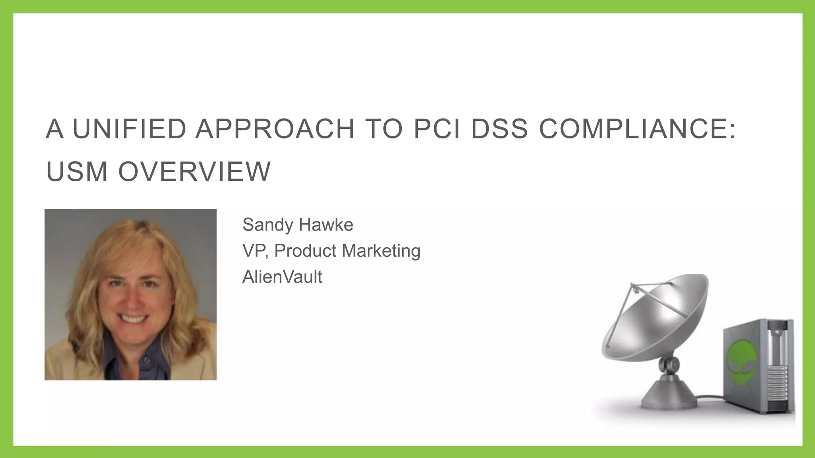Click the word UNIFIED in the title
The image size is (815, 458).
129,129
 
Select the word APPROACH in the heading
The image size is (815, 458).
275,129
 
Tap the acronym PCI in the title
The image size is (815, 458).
437,129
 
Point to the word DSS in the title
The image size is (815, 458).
499,129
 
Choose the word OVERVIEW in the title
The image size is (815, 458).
194,172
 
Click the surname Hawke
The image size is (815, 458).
326,225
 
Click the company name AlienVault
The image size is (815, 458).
282,277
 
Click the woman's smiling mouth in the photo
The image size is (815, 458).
133,319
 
